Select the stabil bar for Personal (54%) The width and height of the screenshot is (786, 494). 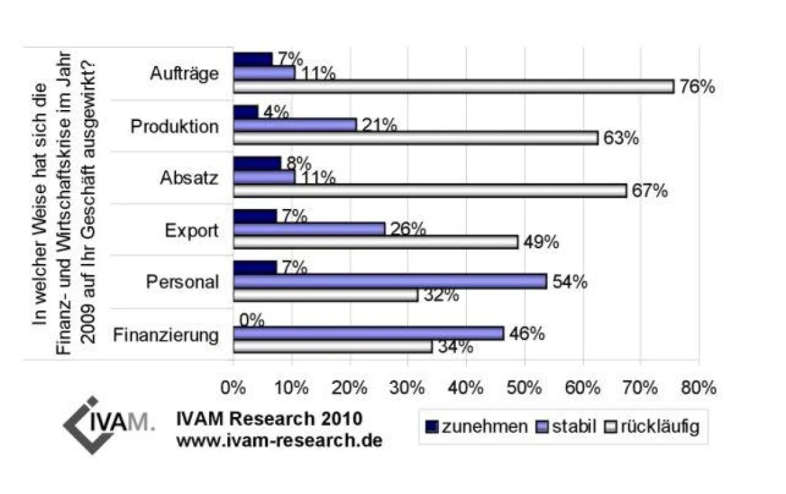390,281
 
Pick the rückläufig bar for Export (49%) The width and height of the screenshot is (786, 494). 375,242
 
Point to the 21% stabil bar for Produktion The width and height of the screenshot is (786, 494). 295,124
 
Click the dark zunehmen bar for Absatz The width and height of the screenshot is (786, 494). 257,163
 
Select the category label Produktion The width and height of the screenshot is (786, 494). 174,126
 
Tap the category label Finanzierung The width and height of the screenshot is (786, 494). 166,335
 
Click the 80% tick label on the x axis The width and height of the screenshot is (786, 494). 698,388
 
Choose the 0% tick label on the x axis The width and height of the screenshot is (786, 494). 233,388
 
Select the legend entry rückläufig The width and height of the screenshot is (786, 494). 662,427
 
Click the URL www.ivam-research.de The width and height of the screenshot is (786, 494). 279,440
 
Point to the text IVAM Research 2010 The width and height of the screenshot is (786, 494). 269,418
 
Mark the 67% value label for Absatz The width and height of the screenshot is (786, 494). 649,191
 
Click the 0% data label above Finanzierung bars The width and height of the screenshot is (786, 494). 252,320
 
